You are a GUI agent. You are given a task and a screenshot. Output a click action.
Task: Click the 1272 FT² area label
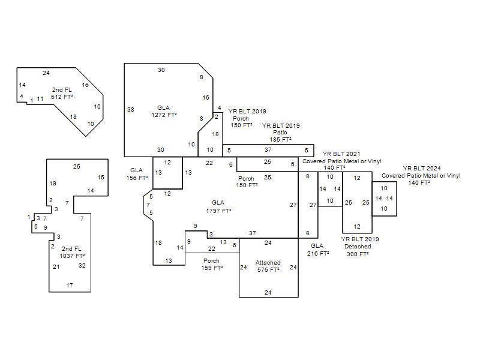[164, 115]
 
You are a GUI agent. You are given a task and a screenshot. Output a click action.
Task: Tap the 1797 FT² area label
[218, 211]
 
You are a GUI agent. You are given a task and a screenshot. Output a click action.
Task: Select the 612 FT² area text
[62, 97]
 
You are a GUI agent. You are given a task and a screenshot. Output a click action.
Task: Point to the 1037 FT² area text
[72, 256]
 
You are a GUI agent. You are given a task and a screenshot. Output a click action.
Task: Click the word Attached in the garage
[268, 263]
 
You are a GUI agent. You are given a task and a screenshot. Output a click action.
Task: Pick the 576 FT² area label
[268, 269]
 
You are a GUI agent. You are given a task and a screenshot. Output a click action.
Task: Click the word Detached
[358, 247]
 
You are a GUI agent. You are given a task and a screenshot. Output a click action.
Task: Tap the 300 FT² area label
[358, 254]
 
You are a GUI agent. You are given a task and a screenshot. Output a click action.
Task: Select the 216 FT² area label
[318, 253]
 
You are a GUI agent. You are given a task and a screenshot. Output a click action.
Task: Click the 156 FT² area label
[137, 178]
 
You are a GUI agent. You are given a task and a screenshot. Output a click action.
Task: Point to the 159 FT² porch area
[212, 268]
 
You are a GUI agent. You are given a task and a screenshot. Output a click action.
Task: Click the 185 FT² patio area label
[280, 140]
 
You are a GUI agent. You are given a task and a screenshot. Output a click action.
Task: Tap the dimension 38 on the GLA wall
[131, 110]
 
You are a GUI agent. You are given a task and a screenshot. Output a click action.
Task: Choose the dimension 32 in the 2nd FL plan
[82, 266]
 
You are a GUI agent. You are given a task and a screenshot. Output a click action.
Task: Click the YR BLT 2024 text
[422, 169]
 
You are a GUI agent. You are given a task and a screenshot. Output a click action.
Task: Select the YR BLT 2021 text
[341, 154]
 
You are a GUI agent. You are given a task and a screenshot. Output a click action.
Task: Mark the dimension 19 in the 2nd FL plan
[53, 184]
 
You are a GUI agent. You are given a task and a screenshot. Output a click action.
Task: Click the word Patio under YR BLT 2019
[280, 133]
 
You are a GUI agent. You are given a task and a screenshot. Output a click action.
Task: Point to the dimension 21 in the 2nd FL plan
[56, 267]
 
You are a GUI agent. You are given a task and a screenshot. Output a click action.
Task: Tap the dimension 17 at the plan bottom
[70, 286]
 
